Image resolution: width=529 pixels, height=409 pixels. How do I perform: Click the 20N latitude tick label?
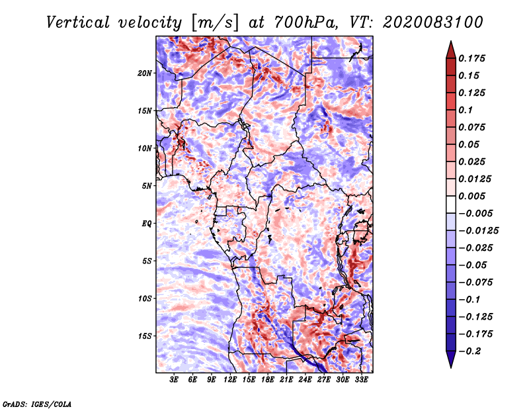(x=145, y=73)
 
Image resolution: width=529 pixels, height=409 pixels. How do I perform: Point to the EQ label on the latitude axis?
(x=147, y=223)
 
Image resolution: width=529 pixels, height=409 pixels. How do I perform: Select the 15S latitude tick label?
(x=145, y=336)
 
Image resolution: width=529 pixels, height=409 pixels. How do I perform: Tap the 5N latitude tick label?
(x=147, y=185)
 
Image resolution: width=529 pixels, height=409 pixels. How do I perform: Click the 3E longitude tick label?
(x=174, y=381)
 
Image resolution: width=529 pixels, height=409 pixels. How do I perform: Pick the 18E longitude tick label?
(x=268, y=381)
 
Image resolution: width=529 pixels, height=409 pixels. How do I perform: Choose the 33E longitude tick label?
(x=362, y=381)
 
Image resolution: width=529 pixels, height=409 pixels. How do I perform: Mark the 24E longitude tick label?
(x=305, y=381)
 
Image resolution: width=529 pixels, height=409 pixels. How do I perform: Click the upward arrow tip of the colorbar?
(x=450, y=43)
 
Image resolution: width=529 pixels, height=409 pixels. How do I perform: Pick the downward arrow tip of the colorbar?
(x=450, y=366)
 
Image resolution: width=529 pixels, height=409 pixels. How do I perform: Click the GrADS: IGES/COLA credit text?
(x=36, y=403)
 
